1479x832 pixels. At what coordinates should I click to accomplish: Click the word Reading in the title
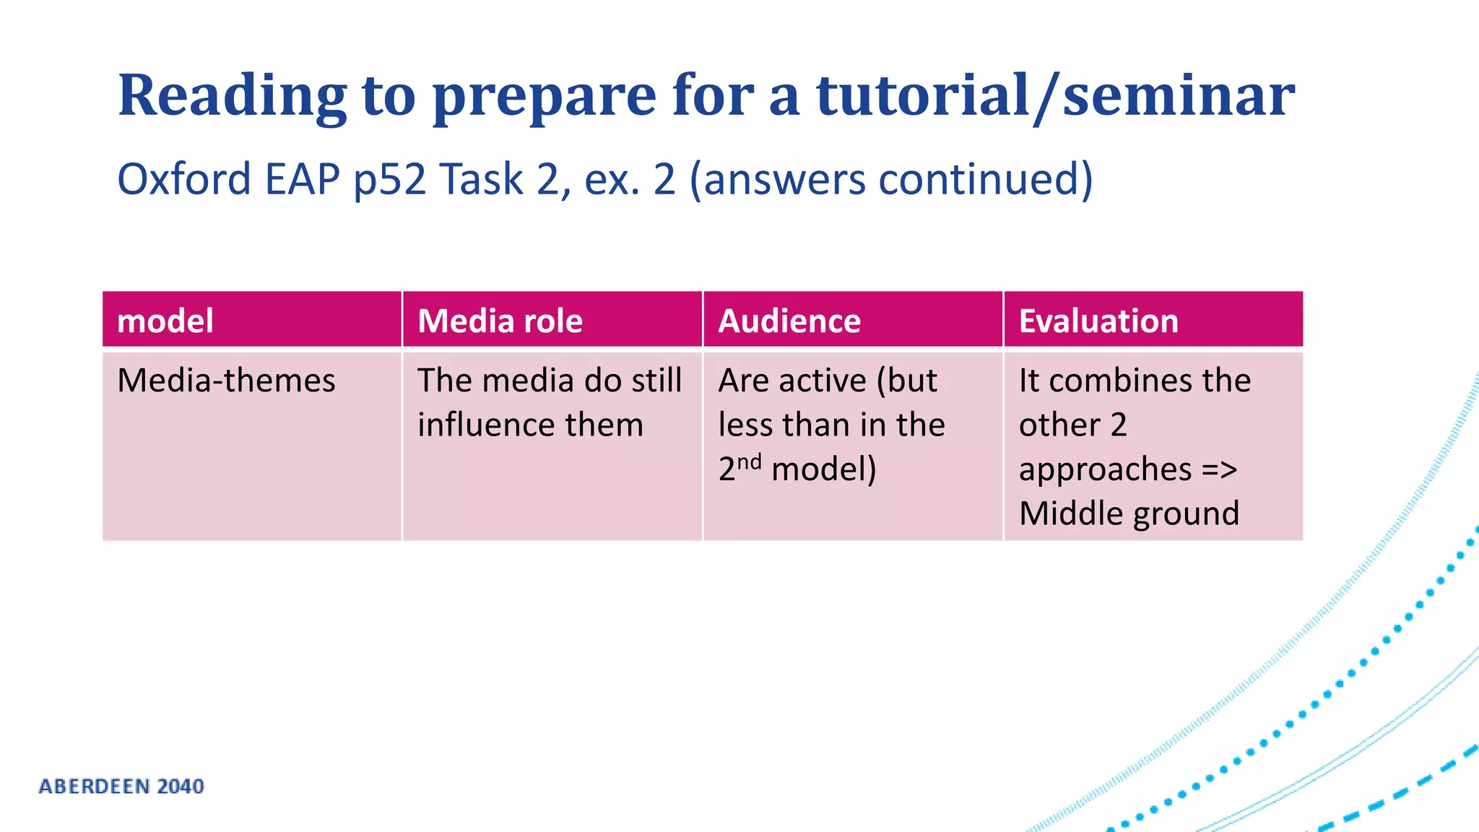coord(233,95)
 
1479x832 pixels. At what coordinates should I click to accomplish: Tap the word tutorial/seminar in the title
coord(1055,95)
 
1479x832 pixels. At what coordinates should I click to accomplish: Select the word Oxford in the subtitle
coord(184,179)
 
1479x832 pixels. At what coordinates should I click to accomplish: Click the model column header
coord(165,321)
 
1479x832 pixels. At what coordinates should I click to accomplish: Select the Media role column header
coord(500,321)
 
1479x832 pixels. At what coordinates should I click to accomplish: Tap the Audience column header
coord(789,321)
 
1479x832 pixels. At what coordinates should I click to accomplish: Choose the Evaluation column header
coord(1098,321)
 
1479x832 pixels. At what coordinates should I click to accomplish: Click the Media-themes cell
coord(226,381)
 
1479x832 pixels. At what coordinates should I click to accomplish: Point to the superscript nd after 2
coord(749,461)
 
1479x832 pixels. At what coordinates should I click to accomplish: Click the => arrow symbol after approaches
coord(1220,469)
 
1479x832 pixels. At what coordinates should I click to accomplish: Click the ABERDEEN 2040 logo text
coord(121,786)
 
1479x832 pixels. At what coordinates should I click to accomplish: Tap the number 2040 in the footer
coord(181,786)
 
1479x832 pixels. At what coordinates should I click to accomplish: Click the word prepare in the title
coord(545,97)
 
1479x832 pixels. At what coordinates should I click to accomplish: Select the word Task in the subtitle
coord(481,179)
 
